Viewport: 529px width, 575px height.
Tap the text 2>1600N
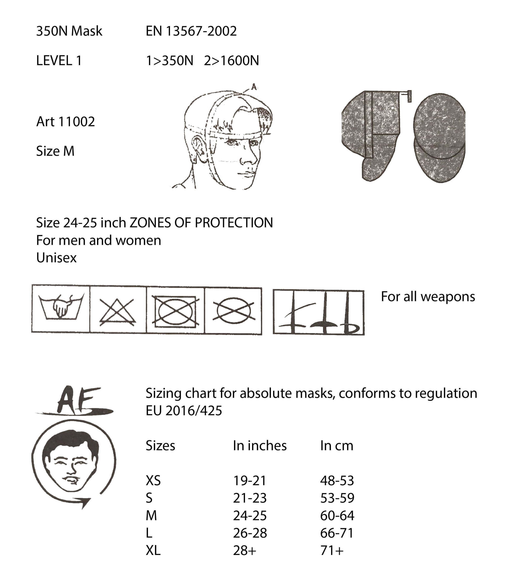point(231,61)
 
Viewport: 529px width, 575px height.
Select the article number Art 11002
point(66,122)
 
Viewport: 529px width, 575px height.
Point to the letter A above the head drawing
point(254,86)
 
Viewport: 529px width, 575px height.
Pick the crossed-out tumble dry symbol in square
point(175,311)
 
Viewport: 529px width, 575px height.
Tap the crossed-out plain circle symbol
point(233,311)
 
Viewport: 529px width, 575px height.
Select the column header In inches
point(260,446)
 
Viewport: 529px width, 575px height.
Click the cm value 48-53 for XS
point(337,480)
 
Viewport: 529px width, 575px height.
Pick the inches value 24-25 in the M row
point(250,515)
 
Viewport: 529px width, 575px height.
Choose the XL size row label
point(153,550)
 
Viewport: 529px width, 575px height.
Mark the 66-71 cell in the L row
point(337,533)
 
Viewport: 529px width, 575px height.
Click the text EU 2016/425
point(184,411)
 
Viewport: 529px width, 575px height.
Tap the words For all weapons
point(428,297)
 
